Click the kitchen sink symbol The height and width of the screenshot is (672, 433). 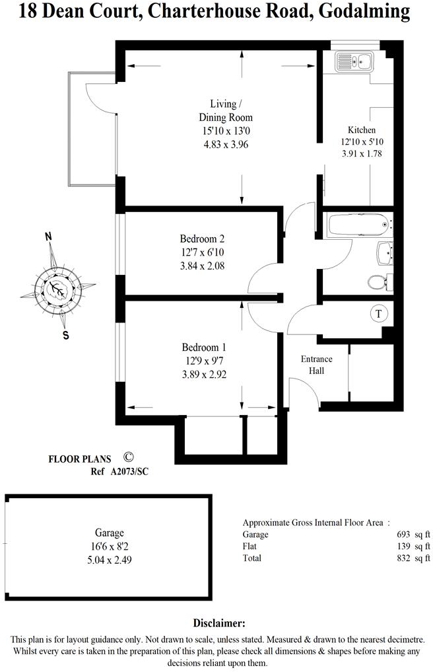355,62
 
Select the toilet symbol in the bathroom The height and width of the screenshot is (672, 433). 378,282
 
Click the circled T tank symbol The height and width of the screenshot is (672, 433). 379,314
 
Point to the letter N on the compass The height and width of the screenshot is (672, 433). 48,236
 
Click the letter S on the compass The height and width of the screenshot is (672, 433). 65,334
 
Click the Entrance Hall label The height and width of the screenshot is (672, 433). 317,365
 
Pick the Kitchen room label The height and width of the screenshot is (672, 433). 362,130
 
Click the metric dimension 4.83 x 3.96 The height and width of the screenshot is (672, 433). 226,143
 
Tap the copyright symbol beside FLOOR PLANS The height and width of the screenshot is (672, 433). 129,457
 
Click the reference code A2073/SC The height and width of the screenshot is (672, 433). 131,472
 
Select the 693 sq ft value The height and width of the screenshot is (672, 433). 414,534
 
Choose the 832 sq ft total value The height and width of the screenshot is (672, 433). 414,558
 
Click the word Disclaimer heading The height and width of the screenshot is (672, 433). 219,623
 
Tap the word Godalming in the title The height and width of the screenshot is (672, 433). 368,11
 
